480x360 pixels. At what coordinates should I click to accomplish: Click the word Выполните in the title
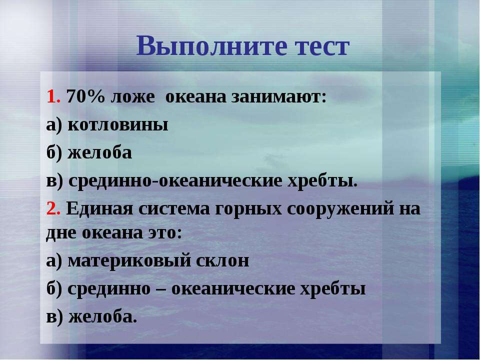coord(211,45)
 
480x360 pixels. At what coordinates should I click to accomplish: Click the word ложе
coord(132,97)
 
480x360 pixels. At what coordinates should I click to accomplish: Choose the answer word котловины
coord(118,125)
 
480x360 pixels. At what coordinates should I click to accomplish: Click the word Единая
coord(99,209)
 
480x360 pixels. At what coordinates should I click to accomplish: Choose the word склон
coord(222,261)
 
